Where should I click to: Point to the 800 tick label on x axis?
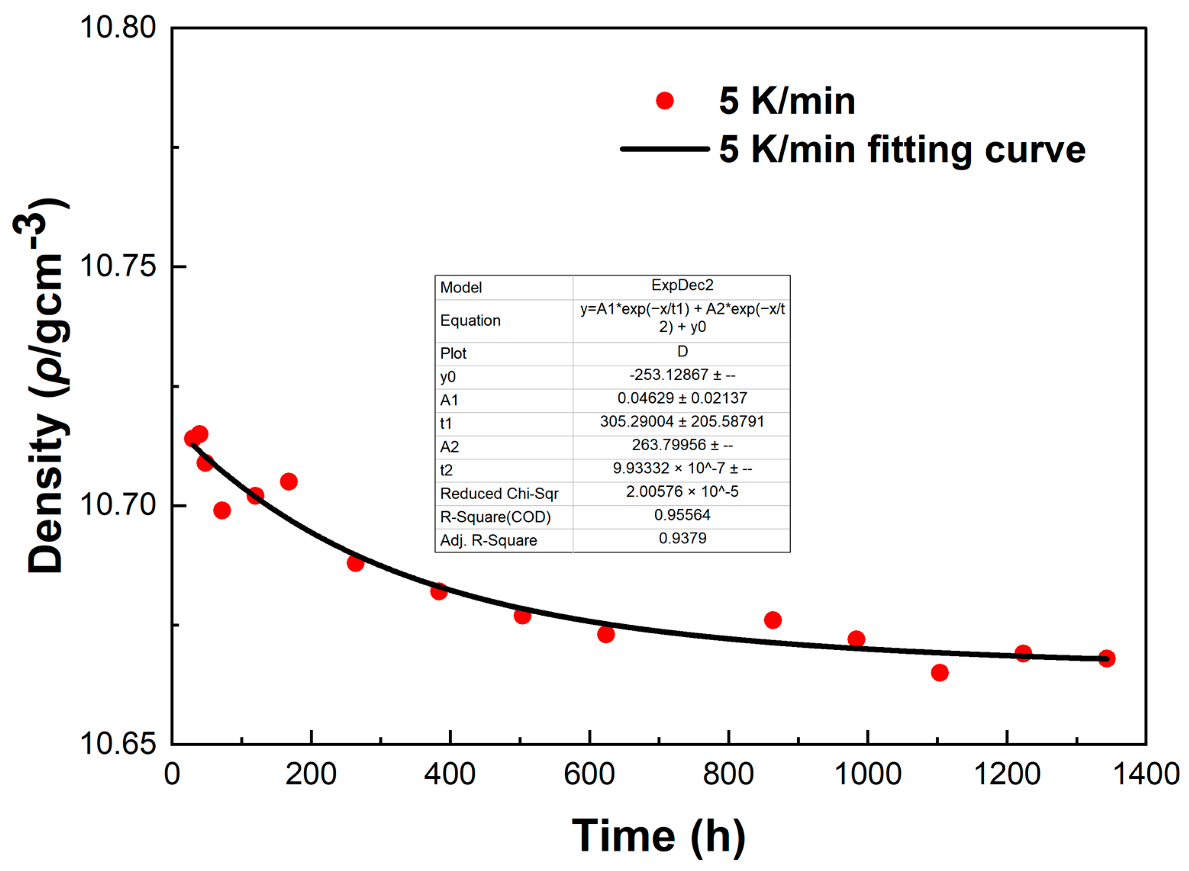(x=728, y=775)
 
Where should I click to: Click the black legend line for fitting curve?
(x=665, y=149)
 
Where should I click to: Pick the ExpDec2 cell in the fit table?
(x=682, y=285)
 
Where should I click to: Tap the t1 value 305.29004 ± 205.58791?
(x=682, y=422)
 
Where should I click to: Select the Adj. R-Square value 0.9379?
(x=682, y=538)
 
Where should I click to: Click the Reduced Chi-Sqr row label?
(x=499, y=493)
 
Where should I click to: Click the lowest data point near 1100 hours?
(x=939, y=673)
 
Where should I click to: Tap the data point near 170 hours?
(x=288, y=481)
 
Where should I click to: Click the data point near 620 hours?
(x=606, y=634)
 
